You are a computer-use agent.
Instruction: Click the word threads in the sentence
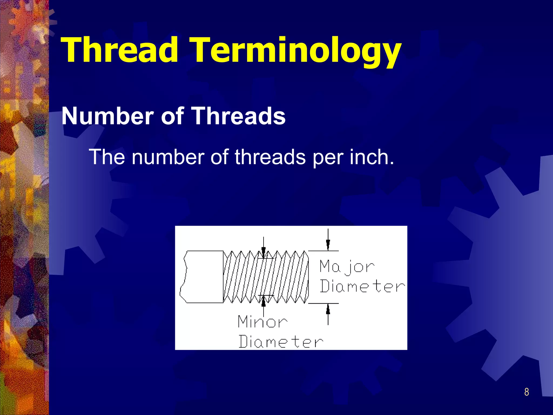click(x=270, y=157)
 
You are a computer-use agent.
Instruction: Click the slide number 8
click(x=526, y=392)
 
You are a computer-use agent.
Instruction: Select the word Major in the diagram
click(x=347, y=266)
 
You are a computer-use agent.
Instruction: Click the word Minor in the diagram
click(x=262, y=322)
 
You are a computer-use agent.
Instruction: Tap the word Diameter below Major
click(x=362, y=286)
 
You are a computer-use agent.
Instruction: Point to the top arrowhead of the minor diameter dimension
click(x=264, y=253)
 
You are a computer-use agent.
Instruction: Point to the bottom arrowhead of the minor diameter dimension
click(x=264, y=301)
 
